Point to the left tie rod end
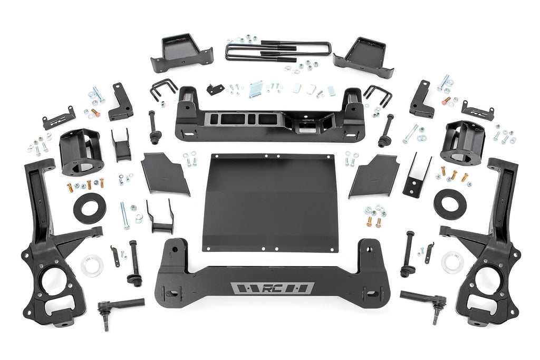(x=118, y=305)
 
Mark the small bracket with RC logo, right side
(x=477, y=111)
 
